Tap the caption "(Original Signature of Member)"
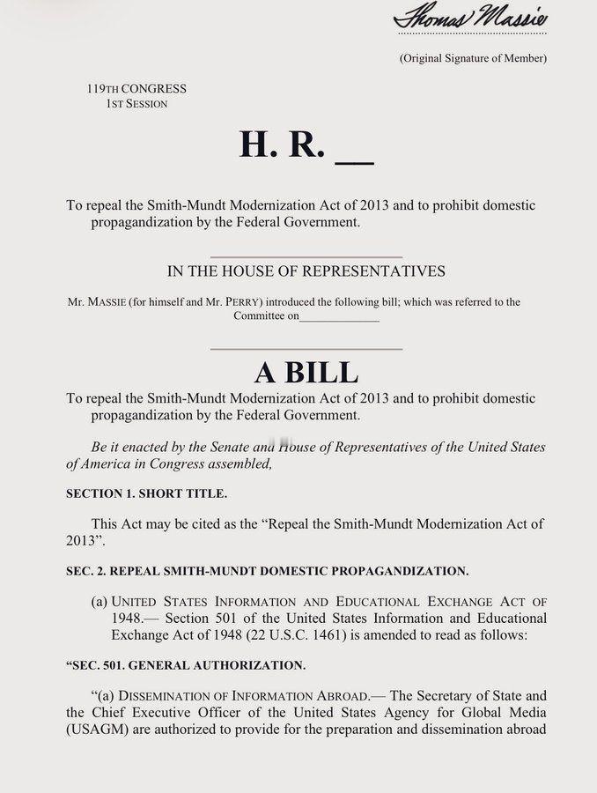[x=473, y=58]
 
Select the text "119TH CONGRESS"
[x=136, y=88]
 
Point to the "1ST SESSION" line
[x=136, y=103]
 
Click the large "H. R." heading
[x=282, y=145]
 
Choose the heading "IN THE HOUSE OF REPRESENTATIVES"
[x=306, y=271]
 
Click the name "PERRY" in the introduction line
[x=243, y=302]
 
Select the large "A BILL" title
[x=306, y=372]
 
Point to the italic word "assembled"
[x=243, y=463]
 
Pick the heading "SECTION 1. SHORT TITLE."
[x=140, y=493]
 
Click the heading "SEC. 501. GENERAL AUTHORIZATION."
[x=186, y=664]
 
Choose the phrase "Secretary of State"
[x=494, y=696]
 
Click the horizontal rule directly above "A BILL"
[x=306, y=349]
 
